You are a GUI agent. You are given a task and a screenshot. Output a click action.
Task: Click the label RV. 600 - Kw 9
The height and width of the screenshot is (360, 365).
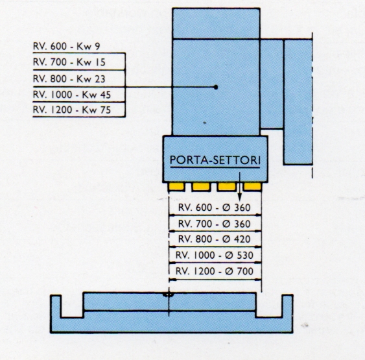click(67, 46)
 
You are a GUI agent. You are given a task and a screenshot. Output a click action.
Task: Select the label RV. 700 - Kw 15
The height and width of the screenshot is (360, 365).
click(69, 62)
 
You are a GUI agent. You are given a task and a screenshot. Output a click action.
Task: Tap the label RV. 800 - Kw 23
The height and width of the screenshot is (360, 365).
click(69, 79)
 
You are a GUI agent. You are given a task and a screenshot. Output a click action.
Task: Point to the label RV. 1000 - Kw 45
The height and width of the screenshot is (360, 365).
click(72, 95)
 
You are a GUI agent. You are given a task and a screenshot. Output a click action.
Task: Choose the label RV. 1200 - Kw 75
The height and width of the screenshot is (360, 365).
click(72, 110)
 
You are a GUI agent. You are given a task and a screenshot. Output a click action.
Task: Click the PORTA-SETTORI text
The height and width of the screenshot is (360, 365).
click(215, 160)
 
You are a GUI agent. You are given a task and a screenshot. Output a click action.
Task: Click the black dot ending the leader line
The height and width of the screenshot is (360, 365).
click(216, 87)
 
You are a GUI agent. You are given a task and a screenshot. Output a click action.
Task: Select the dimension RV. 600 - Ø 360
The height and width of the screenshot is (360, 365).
click(215, 208)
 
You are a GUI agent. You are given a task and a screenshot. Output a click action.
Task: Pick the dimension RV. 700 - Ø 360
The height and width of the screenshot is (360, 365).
click(215, 224)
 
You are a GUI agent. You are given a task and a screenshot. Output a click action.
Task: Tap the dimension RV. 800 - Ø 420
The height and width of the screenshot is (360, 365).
click(215, 239)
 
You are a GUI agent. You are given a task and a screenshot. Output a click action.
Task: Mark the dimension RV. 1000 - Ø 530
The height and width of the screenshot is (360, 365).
click(215, 255)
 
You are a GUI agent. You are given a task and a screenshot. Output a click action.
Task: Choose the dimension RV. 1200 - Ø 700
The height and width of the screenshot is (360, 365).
click(215, 271)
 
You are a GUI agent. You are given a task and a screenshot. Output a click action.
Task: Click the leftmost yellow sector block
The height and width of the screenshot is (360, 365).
click(177, 187)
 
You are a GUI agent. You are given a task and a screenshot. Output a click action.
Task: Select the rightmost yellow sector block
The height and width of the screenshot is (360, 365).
click(253, 187)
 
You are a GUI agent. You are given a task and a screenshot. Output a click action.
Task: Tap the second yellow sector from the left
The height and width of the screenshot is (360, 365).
click(201, 187)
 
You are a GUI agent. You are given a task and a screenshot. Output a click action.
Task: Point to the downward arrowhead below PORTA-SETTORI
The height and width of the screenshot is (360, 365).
click(240, 197)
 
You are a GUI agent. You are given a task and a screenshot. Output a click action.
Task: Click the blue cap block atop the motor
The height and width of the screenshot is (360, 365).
click(216, 23)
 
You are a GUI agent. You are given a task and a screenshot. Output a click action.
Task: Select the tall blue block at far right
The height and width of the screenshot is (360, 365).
click(298, 102)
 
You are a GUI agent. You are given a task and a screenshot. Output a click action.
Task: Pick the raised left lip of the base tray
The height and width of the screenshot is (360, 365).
click(56, 306)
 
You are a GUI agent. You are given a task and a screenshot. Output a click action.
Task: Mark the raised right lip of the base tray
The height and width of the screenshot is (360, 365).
click(287, 306)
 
